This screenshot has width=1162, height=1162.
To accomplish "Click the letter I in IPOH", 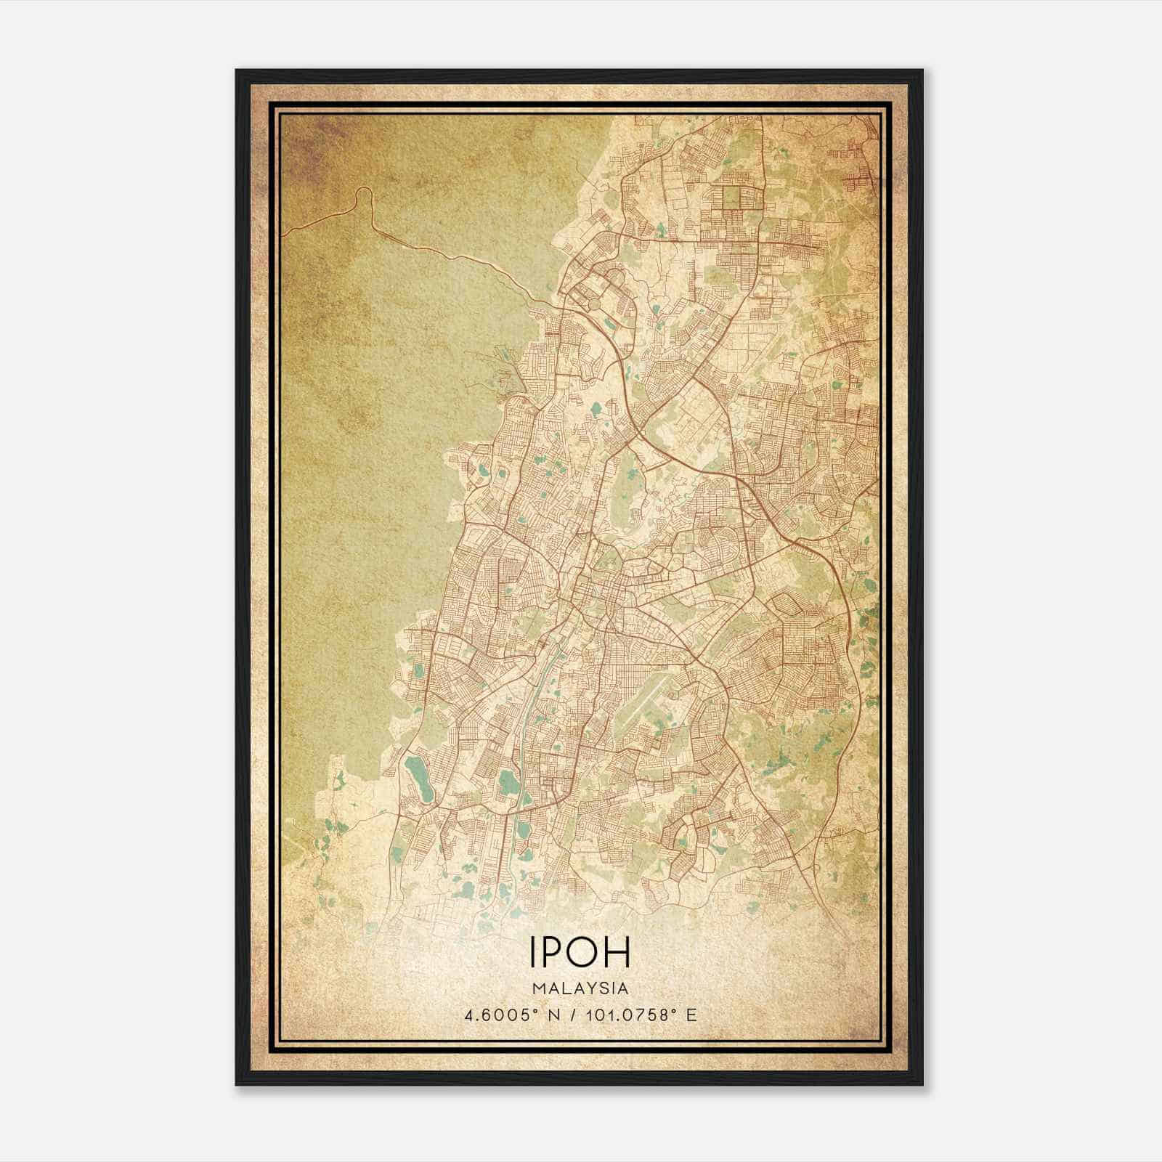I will pyautogui.click(x=534, y=952).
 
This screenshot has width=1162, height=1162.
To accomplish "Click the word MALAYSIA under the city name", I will pyautogui.click(x=580, y=988).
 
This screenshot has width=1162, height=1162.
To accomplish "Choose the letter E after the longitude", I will pyautogui.click(x=691, y=1015).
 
